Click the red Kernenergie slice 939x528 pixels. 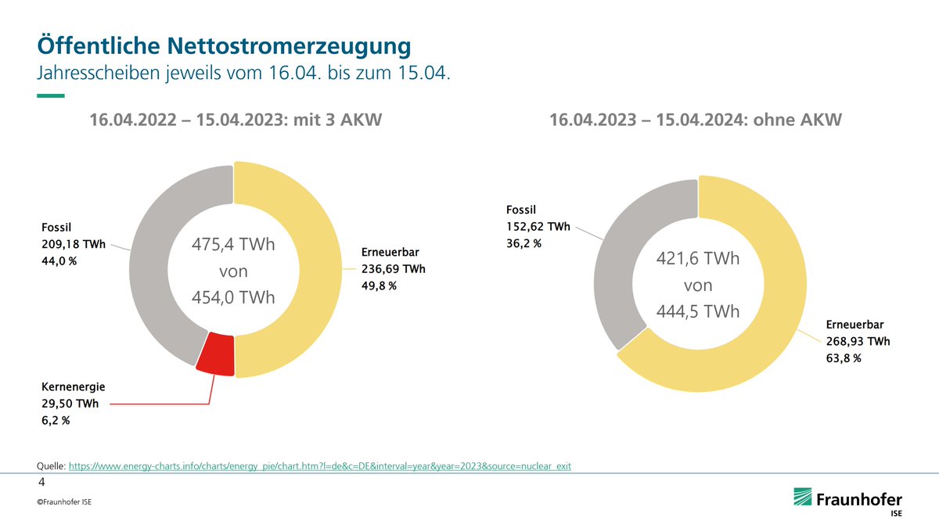(x=215, y=356)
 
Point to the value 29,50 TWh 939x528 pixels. (x=74, y=404)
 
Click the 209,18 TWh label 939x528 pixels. (x=75, y=244)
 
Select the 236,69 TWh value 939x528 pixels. (x=394, y=269)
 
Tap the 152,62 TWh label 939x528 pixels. (x=539, y=227)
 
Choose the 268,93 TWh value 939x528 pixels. (x=858, y=342)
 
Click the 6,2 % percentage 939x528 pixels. (x=56, y=421)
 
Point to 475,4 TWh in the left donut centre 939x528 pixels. (x=234, y=246)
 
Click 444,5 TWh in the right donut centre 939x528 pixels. (x=698, y=311)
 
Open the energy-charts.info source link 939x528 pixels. (x=320, y=466)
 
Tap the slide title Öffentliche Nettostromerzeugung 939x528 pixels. (x=224, y=45)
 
